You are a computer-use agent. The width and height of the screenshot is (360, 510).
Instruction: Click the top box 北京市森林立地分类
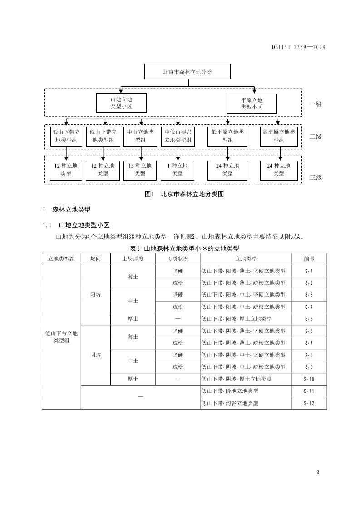[x=187, y=72]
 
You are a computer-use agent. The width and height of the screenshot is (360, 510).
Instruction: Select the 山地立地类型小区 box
[x=121, y=103]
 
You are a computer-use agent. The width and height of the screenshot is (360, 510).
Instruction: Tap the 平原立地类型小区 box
[x=251, y=103]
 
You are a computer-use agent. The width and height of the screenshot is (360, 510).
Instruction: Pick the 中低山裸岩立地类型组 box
[x=178, y=136]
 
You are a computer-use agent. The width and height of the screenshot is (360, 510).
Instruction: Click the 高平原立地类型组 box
[x=279, y=136]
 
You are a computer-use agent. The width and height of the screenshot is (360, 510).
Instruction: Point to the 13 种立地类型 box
[x=140, y=169]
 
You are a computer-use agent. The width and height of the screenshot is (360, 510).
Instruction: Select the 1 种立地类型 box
[x=178, y=169]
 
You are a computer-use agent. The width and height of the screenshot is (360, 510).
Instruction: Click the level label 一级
[x=315, y=104]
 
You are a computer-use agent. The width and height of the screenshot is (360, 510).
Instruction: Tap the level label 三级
[x=315, y=178]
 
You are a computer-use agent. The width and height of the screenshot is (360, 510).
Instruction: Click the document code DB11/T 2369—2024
[x=299, y=47]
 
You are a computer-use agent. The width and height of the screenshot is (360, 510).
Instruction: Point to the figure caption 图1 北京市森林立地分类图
[x=184, y=194]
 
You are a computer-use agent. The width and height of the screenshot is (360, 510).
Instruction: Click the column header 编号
[x=309, y=259]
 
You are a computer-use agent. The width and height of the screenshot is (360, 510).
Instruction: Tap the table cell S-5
[x=309, y=319]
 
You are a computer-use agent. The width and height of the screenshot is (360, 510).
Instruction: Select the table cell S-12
[x=309, y=403]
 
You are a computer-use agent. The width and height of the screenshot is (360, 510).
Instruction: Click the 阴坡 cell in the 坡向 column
[x=95, y=355]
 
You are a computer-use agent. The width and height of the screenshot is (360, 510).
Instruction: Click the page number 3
[x=318, y=472]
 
